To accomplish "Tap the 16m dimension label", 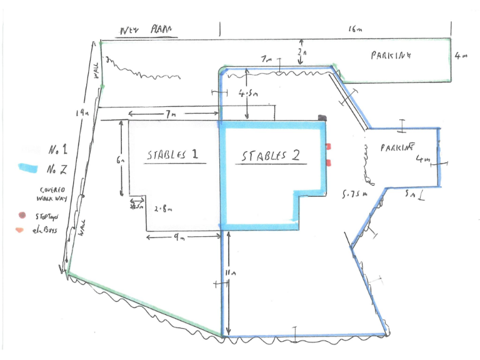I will pyautogui.click(x=354, y=29).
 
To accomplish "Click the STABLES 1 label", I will pyautogui.click(x=172, y=155).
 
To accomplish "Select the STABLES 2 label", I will pyautogui.click(x=271, y=156).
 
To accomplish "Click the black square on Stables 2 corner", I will pyautogui.click(x=322, y=117).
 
